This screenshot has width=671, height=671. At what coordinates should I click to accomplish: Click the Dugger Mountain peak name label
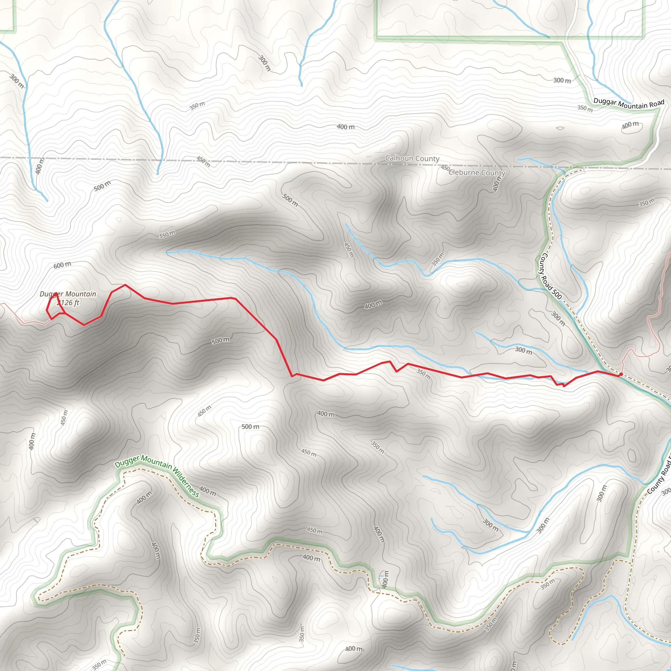coord(68,294)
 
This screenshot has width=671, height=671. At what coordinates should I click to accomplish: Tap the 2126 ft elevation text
coord(68,303)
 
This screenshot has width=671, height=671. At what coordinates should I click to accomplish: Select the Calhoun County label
coord(412,158)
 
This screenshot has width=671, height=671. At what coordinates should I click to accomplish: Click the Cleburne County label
coord(477,173)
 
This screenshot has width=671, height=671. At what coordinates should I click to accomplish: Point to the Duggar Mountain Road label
coord(629,104)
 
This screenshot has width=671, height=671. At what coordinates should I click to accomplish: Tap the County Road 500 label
coord(551,276)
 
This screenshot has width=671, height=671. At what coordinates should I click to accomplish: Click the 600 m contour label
coord(62,265)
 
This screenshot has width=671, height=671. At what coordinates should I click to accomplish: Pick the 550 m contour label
coord(167,235)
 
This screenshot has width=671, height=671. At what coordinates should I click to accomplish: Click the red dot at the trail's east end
coord(621,374)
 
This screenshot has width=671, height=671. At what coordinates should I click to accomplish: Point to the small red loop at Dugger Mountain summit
coord(55,306)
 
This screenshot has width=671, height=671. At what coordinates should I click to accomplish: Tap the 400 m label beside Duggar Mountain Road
coord(630,125)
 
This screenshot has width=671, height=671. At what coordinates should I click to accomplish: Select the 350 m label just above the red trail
coord(423,374)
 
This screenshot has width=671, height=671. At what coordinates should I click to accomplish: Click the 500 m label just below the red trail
coord(220,340)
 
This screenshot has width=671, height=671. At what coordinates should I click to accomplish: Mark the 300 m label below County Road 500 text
coord(558,318)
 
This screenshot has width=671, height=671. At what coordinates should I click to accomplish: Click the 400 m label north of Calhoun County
coord(346,127)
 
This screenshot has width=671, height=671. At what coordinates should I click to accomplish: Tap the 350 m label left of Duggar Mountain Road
coord(585,108)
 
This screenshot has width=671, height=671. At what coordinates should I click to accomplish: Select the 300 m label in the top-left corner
coord(17,81)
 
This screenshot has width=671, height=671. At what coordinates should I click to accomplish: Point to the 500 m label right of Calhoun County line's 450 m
coord(290,200)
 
